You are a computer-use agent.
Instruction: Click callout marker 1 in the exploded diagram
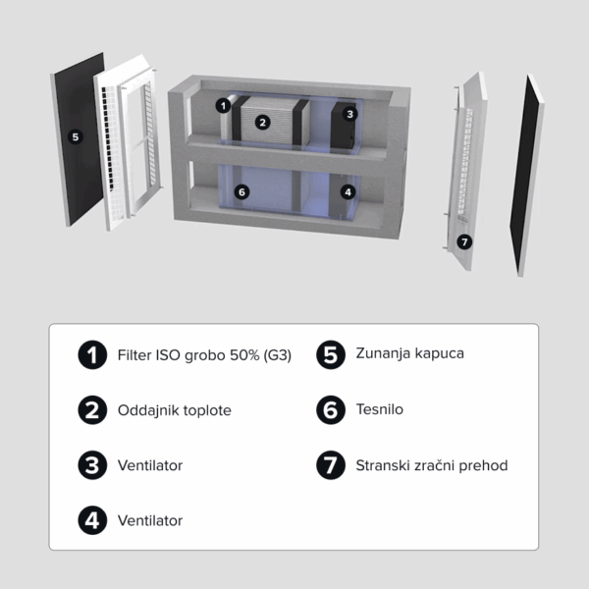(x=223, y=106)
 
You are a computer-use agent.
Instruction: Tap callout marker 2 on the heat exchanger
(x=262, y=123)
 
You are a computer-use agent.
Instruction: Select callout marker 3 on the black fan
(x=350, y=114)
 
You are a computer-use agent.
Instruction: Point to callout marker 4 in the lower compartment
(x=348, y=192)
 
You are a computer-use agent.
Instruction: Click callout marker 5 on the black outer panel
(x=76, y=136)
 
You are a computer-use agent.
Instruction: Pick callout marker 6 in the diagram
(x=241, y=192)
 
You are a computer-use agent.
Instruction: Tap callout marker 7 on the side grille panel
(x=464, y=241)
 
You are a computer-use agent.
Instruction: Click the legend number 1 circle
(x=92, y=355)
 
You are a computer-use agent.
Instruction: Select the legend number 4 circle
(x=92, y=520)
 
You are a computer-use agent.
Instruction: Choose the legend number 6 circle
(x=331, y=409)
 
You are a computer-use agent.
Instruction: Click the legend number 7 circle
(x=331, y=465)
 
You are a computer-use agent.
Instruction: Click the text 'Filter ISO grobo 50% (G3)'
(x=204, y=355)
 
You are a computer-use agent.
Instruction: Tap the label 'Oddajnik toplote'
(x=175, y=410)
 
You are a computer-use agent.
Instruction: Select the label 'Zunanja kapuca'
(x=409, y=353)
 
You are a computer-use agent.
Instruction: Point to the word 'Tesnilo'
(x=379, y=409)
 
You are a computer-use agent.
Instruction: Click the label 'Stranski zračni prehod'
(x=432, y=465)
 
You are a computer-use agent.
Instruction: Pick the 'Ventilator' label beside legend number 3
(x=150, y=465)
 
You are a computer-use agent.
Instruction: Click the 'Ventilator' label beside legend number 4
(x=150, y=520)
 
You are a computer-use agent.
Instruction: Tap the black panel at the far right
(x=525, y=175)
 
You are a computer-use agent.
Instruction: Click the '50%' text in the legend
(x=244, y=355)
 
